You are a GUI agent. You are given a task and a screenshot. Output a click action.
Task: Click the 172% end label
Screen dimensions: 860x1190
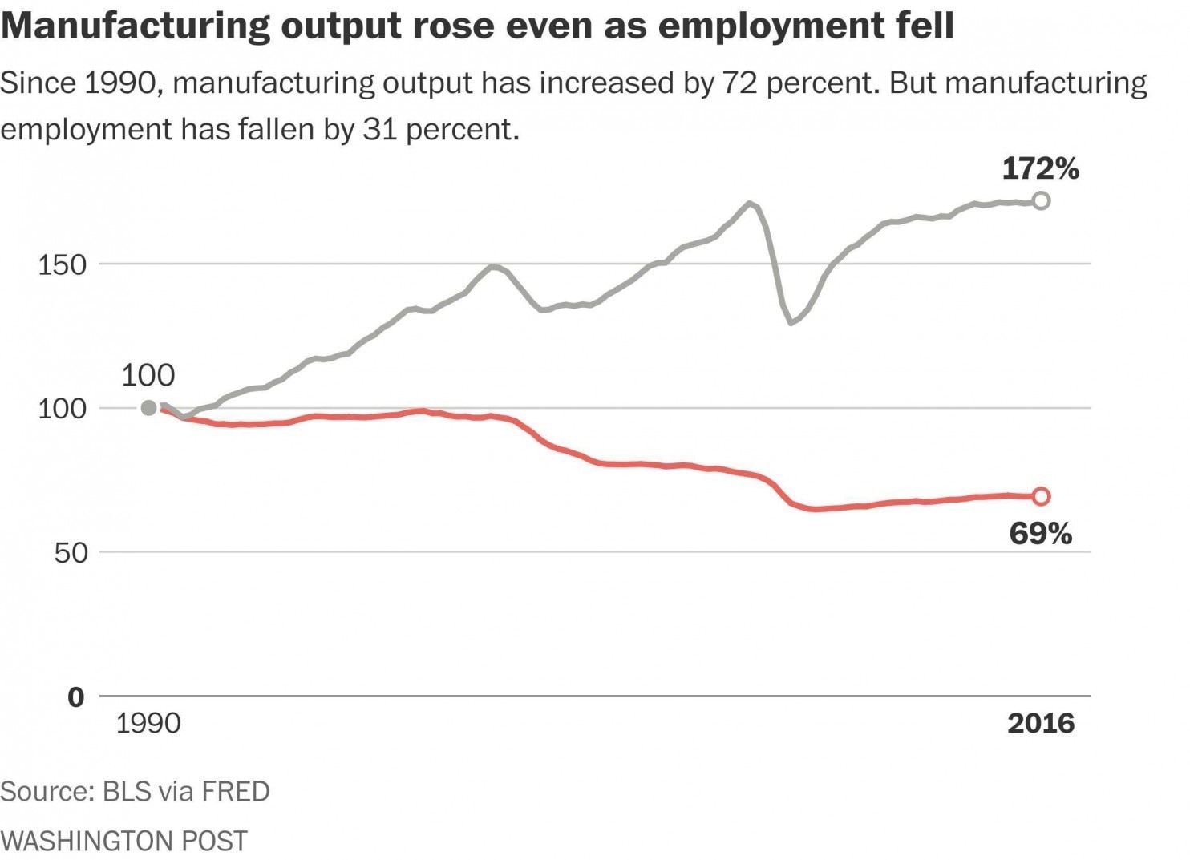(x=1040, y=169)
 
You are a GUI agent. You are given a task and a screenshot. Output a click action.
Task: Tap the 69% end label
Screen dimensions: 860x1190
(x=1040, y=533)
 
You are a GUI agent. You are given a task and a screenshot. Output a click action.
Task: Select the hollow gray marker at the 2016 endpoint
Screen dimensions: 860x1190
(x=1040, y=201)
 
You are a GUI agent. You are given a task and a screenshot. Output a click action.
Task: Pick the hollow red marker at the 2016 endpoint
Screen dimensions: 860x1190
(x=1040, y=496)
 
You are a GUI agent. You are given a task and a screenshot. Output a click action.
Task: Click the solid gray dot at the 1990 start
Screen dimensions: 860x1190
(x=148, y=408)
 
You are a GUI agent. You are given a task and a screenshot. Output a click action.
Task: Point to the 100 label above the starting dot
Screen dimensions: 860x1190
(x=148, y=375)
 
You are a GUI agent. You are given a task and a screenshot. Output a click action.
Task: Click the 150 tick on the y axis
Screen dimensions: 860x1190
(x=62, y=264)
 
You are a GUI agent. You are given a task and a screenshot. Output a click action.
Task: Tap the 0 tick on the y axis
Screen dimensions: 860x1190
(x=76, y=697)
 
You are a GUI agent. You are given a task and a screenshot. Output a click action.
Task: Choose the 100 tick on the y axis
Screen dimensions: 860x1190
(x=62, y=409)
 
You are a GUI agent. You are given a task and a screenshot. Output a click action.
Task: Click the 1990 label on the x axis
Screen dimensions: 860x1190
(x=148, y=723)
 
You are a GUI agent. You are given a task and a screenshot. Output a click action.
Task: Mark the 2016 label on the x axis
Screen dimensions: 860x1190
(x=1040, y=723)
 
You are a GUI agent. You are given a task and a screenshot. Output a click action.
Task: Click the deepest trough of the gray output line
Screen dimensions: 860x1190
(x=791, y=322)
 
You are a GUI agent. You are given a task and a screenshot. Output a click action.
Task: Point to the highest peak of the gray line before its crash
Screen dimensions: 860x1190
(x=749, y=203)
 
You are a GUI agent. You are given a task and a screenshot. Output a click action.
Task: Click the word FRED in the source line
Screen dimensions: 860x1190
(x=235, y=791)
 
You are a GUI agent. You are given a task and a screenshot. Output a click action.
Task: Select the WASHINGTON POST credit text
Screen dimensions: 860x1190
(x=123, y=840)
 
